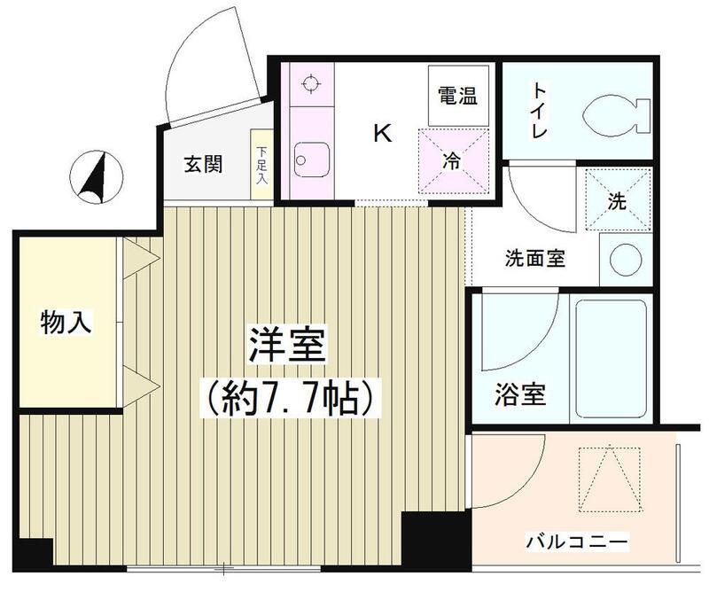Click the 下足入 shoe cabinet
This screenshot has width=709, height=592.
click(x=261, y=165)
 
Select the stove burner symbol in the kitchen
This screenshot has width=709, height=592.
click(x=309, y=85)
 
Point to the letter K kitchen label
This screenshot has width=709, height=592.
click(x=382, y=134)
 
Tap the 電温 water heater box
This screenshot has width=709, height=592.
click(x=457, y=96)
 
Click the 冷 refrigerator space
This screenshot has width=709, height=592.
click(x=453, y=160)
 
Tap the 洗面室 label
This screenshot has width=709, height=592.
click(x=535, y=260)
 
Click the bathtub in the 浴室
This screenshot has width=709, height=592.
click(x=612, y=359)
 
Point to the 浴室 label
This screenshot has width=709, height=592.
click(x=520, y=396)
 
